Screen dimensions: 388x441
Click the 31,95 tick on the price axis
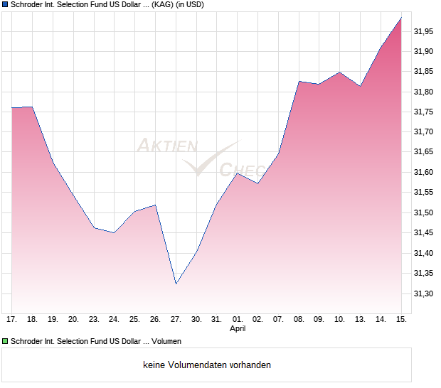click(x=425, y=31)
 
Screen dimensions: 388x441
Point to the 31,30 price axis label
click(x=425, y=293)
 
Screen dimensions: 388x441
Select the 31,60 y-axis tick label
click(x=425, y=173)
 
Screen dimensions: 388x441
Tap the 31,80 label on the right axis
click(x=425, y=92)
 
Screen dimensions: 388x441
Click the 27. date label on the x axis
click(x=176, y=320)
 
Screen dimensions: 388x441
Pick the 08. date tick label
click(x=299, y=320)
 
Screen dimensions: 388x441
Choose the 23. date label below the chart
click(x=94, y=320)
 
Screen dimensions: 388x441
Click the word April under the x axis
click(x=238, y=329)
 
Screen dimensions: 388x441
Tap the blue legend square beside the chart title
click(x=5, y=5)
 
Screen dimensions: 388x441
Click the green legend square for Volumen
click(x=5, y=342)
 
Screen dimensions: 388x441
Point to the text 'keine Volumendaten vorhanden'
click(x=207, y=365)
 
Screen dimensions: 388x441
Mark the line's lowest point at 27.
click(x=176, y=284)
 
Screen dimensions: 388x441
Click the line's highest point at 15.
click(x=401, y=18)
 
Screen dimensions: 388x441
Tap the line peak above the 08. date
click(x=299, y=82)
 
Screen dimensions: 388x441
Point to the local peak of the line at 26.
click(x=155, y=205)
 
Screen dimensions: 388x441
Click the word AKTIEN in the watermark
click(x=166, y=146)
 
